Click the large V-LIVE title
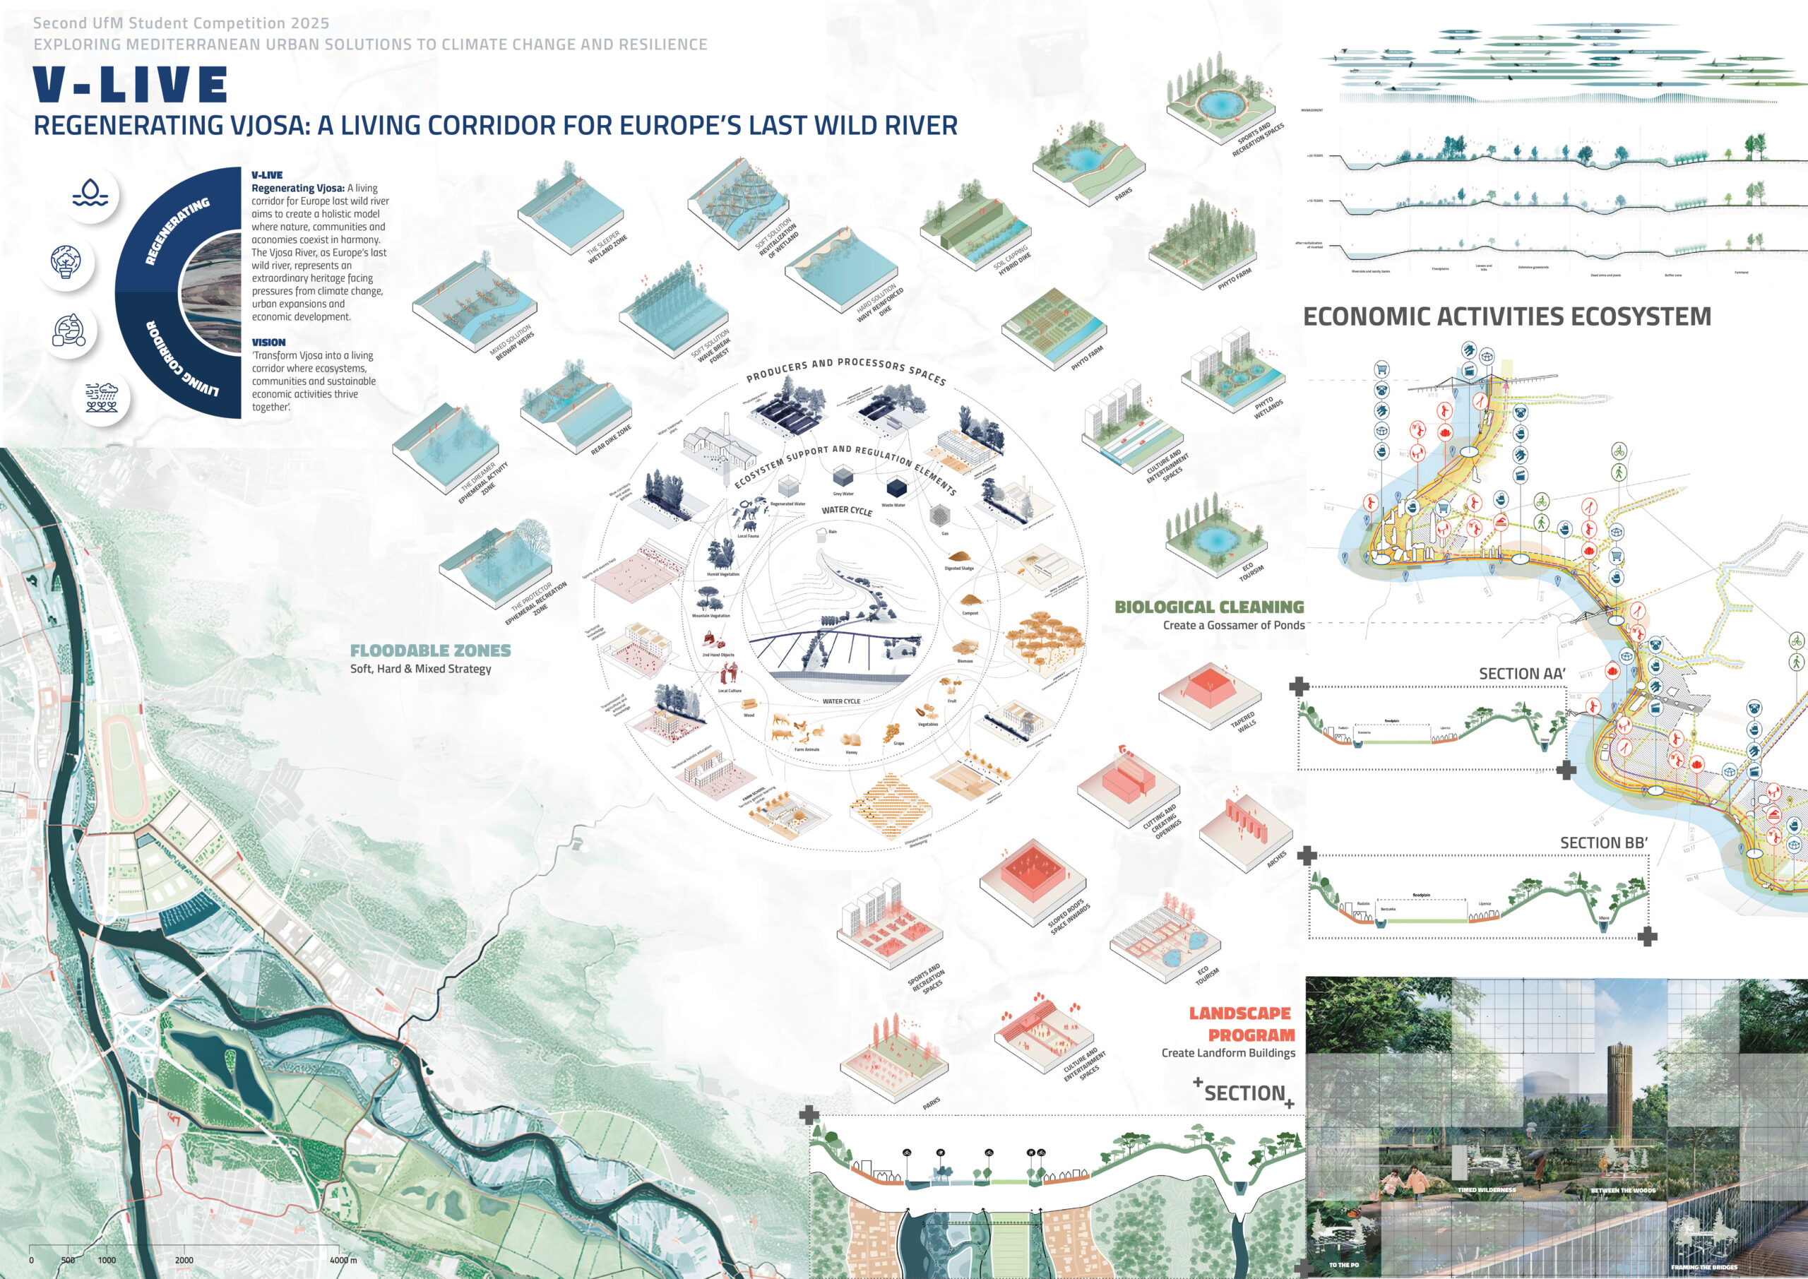click(x=131, y=85)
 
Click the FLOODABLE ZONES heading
click(x=430, y=650)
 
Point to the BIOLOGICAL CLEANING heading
click(x=1208, y=607)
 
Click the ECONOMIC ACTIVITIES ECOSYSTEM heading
click(x=1506, y=316)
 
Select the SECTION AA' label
click(x=1521, y=673)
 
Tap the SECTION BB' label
click(x=1603, y=843)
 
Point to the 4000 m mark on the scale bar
click(x=343, y=1260)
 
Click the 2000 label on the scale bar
click(x=184, y=1260)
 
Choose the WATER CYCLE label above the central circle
click(x=847, y=511)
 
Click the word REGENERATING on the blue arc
click(x=177, y=231)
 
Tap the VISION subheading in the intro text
click(x=268, y=343)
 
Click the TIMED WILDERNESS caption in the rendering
click(x=1486, y=1190)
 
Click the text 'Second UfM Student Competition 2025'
click(x=181, y=23)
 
